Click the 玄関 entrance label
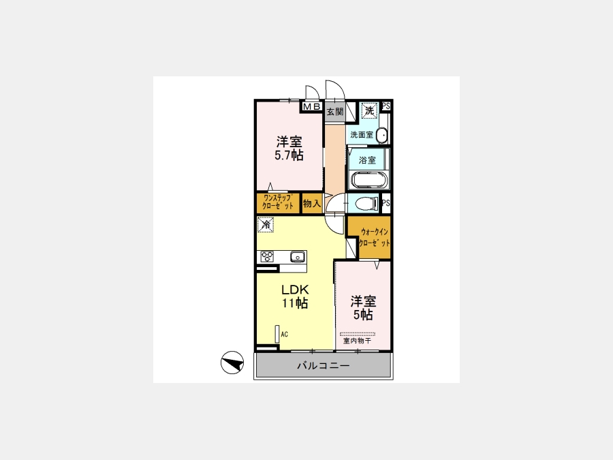334,112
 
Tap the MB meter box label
311,106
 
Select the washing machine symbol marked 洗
369,110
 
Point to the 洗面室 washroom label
362,135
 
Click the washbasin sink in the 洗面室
383,136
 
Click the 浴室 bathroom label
367,160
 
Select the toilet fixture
366,203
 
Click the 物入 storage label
311,203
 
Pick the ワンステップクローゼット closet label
278,202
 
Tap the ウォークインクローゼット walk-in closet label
374,237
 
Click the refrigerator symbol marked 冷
266,225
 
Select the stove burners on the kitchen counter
268,257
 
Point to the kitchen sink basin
297,257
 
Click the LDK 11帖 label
295,296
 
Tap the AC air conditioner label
284,335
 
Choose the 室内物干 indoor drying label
358,341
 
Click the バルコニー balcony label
324,366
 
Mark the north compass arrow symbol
232,363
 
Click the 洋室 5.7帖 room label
289,149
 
